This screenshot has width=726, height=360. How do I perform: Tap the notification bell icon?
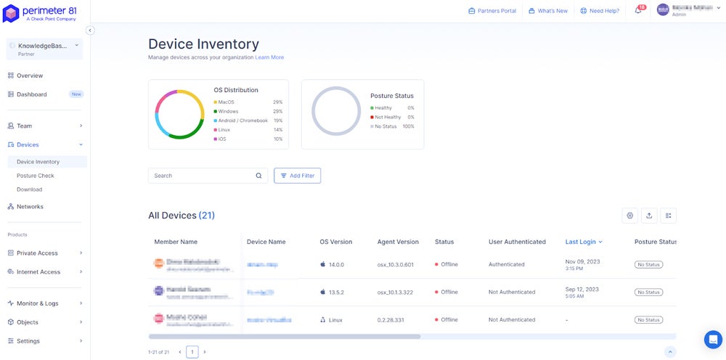click(x=638, y=11)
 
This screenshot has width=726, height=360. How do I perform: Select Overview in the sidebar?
click(x=30, y=75)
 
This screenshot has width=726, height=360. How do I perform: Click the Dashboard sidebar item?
click(x=31, y=94)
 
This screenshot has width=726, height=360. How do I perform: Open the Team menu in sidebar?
click(x=25, y=126)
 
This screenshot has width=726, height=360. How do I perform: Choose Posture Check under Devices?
click(x=36, y=176)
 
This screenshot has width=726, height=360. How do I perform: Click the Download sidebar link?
click(x=29, y=189)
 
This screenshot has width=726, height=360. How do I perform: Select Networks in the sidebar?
click(x=30, y=207)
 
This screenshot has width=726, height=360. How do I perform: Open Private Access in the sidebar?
click(x=37, y=253)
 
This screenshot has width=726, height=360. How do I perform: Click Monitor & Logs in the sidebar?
click(x=38, y=303)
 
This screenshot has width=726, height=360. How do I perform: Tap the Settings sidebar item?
click(x=28, y=341)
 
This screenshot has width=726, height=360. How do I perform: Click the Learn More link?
click(x=269, y=57)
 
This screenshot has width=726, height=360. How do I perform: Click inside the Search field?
click(x=203, y=176)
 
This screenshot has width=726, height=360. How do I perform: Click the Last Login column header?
click(x=581, y=242)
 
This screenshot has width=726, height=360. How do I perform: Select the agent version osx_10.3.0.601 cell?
click(x=395, y=264)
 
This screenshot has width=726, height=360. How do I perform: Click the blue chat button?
click(x=713, y=339)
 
